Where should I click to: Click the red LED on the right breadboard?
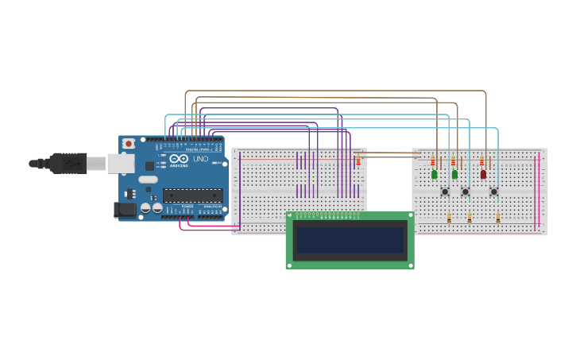483,174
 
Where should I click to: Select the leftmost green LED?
435,174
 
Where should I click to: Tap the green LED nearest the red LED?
455,174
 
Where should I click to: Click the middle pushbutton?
466,192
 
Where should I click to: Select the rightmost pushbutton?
493,192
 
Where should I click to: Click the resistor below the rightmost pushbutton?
498,218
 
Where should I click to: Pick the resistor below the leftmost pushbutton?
449,218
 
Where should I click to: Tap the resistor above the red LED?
481,162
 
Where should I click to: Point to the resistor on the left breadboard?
358,161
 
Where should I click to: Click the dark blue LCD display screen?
350,240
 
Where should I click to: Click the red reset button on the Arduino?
128,144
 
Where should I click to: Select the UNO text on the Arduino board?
200,159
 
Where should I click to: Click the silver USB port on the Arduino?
120,163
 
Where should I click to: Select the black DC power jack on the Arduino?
125,210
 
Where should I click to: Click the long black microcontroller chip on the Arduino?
192,195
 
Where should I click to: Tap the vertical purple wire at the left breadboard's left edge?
239,191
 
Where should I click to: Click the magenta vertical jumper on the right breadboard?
538,191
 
